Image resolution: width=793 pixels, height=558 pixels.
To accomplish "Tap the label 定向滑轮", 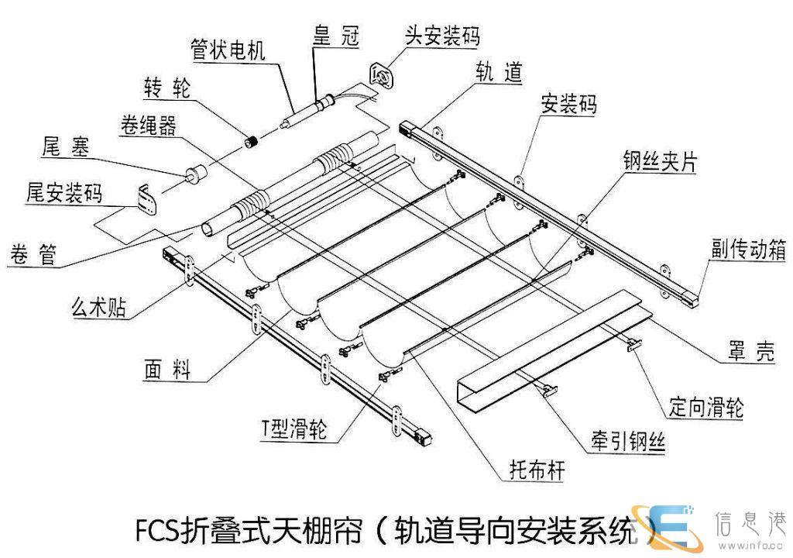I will tap(706, 406).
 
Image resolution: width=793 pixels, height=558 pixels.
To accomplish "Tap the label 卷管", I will tap(35, 253).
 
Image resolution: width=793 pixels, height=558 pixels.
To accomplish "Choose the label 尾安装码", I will tap(64, 193).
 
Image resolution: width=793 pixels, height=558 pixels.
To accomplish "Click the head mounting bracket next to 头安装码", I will tap(381, 74).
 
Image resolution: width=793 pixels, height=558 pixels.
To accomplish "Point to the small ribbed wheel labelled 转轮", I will tap(252, 142).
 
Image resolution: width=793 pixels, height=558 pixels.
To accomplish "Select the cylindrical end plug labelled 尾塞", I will tap(194, 176).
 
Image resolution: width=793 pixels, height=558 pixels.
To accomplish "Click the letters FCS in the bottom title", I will tap(156, 530).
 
